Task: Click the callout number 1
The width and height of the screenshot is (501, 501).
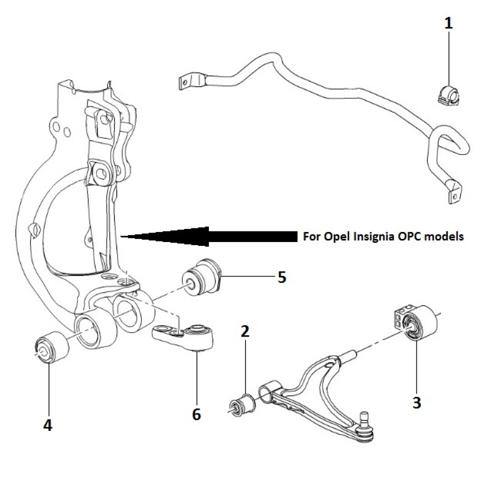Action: point(449,24)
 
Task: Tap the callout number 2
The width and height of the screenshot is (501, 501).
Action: point(245,331)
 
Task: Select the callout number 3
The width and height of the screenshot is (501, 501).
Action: point(416,402)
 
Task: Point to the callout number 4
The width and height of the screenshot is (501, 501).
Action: point(47,425)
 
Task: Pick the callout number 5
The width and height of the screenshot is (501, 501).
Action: point(282,277)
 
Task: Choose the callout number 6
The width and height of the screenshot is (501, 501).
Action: point(196,414)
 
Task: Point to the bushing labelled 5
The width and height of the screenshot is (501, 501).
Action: point(203,277)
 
